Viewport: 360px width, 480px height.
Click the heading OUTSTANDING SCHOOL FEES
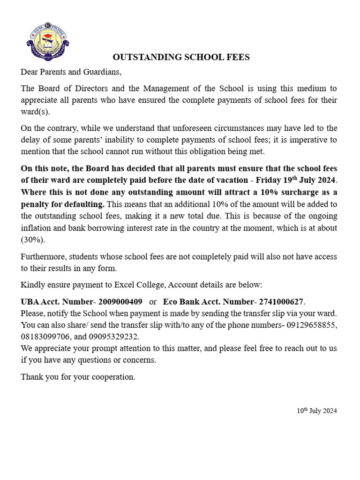click(x=181, y=57)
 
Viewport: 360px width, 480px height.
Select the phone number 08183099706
click(x=43, y=337)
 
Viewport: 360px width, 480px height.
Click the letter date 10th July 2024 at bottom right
click(x=317, y=411)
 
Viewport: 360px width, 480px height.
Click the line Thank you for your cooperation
click(x=78, y=376)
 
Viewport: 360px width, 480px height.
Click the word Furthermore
click(x=43, y=256)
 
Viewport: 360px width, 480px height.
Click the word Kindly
click(x=32, y=285)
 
